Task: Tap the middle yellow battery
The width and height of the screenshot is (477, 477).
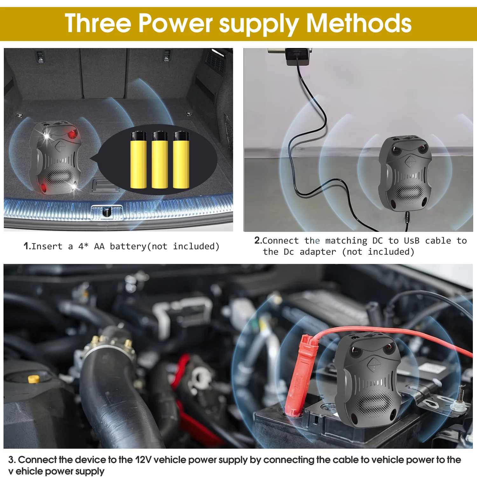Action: (x=160, y=160)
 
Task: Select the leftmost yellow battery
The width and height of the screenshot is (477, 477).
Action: (x=138, y=160)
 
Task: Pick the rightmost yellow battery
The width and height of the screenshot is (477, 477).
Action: (x=181, y=160)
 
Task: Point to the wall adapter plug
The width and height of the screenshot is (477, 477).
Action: (x=297, y=57)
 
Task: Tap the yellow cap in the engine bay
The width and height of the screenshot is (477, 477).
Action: (x=33, y=379)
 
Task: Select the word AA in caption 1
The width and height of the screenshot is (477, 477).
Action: (x=99, y=246)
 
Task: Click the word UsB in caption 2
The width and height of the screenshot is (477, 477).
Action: (x=412, y=240)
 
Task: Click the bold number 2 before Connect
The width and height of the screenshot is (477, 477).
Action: (x=258, y=240)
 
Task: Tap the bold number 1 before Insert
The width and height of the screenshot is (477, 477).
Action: (x=27, y=246)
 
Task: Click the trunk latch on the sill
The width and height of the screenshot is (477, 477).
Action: (x=107, y=212)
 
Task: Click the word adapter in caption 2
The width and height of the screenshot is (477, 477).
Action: (x=318, y=252)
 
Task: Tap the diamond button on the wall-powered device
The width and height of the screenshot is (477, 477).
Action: (x=410, y=161)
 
